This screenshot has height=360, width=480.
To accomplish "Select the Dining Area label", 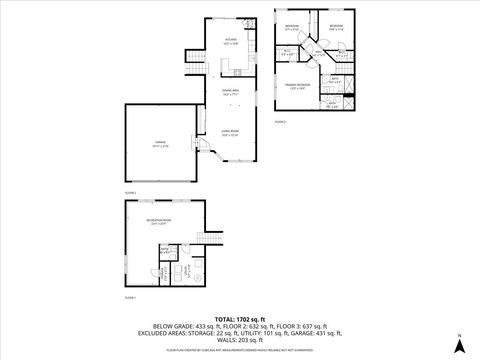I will click(231, 91).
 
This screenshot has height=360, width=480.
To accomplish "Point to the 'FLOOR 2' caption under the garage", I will click(130, 192).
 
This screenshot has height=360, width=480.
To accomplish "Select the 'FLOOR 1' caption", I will click(130, 298).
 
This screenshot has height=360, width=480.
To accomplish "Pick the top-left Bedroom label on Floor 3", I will click(292, 27).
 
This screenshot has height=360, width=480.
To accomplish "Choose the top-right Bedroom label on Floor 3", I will click(336, 27).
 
